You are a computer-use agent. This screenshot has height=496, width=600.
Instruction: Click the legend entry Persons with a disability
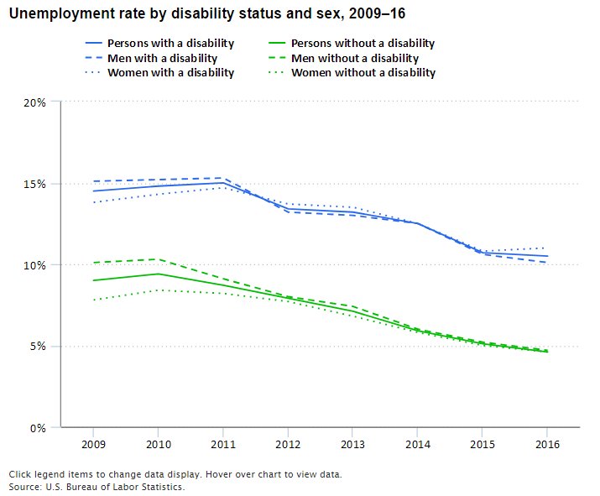coord(170,43)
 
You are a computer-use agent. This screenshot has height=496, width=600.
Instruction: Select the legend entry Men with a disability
coord(162,58)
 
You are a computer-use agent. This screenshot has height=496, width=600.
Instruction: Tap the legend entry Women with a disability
coord(170,73)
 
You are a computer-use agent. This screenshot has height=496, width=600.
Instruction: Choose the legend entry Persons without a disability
coord(363,43)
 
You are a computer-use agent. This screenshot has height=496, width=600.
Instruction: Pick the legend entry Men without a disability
coord(354,58)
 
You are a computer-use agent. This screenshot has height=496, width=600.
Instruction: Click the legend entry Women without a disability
coord(363,73)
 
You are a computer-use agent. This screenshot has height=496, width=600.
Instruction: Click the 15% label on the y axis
coord(36,184)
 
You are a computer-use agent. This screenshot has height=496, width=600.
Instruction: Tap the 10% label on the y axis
coord(36,265)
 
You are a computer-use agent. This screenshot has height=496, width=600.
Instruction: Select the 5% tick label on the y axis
coord(39,347)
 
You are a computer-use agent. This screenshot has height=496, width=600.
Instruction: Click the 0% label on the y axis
coord(39,428)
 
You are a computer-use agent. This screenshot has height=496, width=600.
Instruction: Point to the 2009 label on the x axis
coord(92,444)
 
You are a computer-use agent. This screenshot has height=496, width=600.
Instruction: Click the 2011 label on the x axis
coord(222,444)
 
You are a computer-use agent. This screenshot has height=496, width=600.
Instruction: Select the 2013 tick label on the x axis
coord(352,444)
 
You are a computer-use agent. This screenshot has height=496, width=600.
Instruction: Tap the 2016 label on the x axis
coord(547,444)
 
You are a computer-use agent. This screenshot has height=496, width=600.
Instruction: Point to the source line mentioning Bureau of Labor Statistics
coord(96,487)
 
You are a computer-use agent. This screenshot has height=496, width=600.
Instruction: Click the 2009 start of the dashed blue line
coord(92,181)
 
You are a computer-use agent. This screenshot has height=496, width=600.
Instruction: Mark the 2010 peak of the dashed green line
coord(158,259)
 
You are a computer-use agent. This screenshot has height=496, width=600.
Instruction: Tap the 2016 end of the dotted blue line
coord(547,248)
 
